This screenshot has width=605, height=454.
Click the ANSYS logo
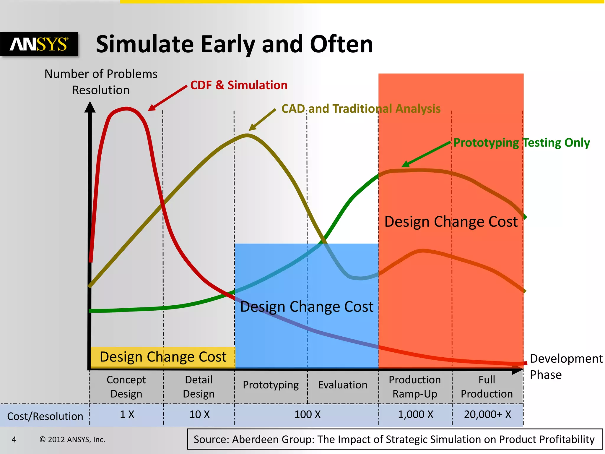39,44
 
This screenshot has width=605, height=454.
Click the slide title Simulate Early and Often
234,44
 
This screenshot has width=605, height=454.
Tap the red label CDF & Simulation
239,85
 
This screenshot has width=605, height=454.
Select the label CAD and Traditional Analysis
361,109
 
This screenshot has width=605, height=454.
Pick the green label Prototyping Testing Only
521,143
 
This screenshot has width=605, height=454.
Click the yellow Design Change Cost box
163,357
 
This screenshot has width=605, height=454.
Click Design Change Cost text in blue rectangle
307,307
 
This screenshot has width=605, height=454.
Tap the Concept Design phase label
126,387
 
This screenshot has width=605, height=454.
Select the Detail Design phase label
199,387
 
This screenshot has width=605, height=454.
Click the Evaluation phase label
343,385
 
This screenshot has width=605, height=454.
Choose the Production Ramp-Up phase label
415,387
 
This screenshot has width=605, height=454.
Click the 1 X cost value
127,414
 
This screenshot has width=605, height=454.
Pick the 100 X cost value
307,414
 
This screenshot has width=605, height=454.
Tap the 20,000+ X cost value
487,414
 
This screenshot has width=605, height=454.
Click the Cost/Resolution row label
45,416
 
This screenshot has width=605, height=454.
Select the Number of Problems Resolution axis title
101,82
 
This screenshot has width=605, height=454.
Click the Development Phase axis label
566,367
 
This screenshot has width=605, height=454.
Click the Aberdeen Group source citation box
395,439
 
